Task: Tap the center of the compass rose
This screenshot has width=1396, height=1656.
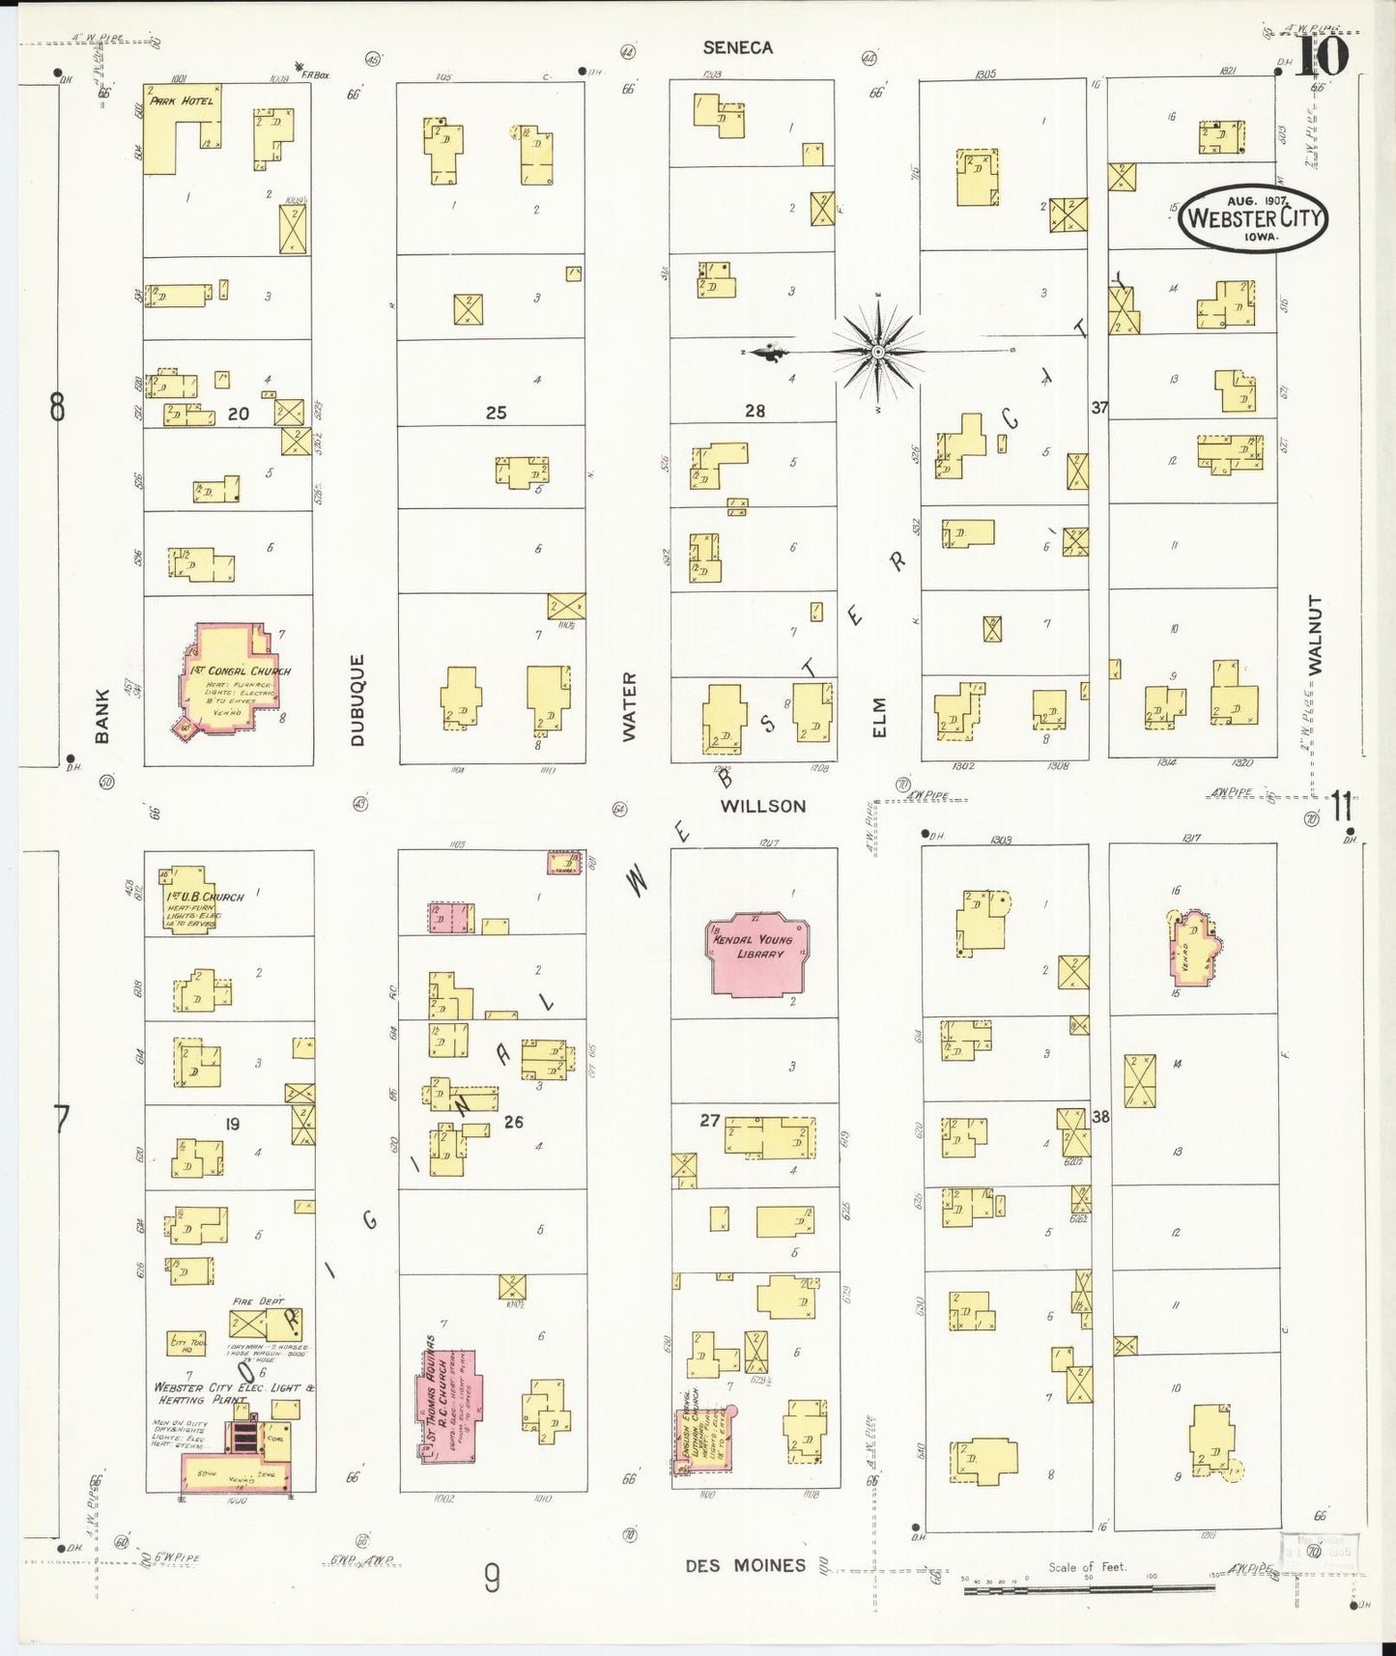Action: (x=877, y=353)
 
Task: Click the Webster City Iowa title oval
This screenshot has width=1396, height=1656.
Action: (x=1253, y=218)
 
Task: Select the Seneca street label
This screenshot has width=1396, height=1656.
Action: (x=737, y=47)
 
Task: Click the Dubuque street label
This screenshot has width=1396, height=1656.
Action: (x=357, y=700)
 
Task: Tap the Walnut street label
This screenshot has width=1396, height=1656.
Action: (x=1314, y=634)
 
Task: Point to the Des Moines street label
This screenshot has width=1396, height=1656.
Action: (x=745, y=1565)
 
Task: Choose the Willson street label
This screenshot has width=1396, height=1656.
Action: (x=762, y=806)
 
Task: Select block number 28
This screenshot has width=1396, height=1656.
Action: (x=755, y=412)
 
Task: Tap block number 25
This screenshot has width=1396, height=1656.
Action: (x=496, y=413)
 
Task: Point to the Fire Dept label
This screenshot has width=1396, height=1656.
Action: (x=257, y=1301)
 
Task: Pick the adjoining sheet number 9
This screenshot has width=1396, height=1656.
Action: (x=492, y=1579)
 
